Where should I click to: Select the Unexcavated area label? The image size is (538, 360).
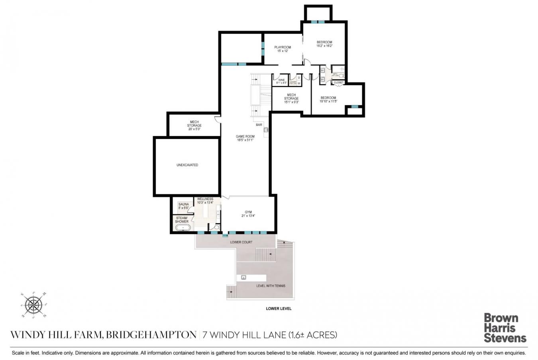[x=187, y=165]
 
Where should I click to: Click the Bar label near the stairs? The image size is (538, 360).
[x=259, y=125]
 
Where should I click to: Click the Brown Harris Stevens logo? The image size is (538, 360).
[x=505, y=328]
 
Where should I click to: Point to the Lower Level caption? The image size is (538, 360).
[x=279, y=309]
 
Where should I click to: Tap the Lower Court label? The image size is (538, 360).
[x=241, y=242]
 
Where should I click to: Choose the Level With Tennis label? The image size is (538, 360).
[x=270, y=286]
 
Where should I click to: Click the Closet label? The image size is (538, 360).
[x=339, y=82]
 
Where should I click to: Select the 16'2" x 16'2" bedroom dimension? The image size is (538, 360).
[x=324, y=46]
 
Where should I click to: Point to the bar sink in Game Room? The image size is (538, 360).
[x=266, y=129]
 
